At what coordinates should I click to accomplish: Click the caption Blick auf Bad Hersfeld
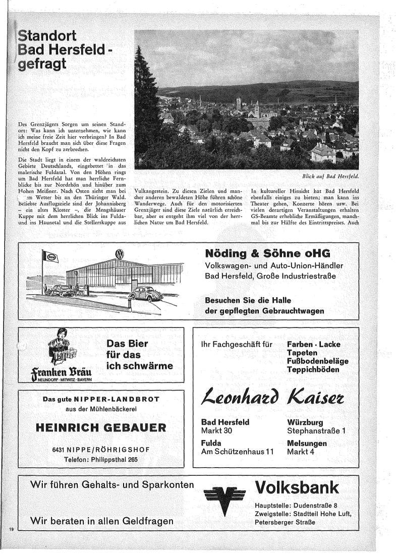coord(327,177)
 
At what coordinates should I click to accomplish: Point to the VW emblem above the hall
coord(120,254)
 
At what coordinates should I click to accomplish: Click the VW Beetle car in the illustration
coord(143,294)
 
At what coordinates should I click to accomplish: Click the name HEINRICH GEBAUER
coord(101,428)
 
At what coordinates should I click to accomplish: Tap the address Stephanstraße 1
coord(316,431)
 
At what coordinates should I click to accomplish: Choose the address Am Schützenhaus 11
coord(237,452)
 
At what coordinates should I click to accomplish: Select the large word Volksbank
coord(297,488)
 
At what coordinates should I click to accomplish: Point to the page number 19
coord(11,528)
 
